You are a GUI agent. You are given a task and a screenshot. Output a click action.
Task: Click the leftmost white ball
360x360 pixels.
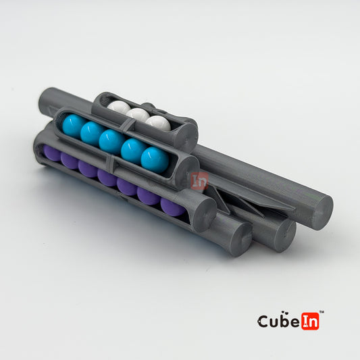(119, 107)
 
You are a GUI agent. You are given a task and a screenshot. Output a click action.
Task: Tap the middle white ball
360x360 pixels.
(138, 114)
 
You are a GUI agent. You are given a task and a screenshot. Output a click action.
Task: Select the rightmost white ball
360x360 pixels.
(158, 123)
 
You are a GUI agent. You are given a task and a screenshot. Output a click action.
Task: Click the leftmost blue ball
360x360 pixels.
(74, 126)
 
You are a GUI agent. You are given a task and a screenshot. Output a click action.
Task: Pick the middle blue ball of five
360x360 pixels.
(112, 142)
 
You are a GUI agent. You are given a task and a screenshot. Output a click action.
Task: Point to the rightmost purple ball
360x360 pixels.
(173, 207)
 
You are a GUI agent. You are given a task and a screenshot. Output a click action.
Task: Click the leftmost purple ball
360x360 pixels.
(52, 153)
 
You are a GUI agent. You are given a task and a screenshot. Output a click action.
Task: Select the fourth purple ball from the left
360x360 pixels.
(107, 178)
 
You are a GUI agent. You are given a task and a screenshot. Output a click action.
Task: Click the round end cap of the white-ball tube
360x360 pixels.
(186, 136)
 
